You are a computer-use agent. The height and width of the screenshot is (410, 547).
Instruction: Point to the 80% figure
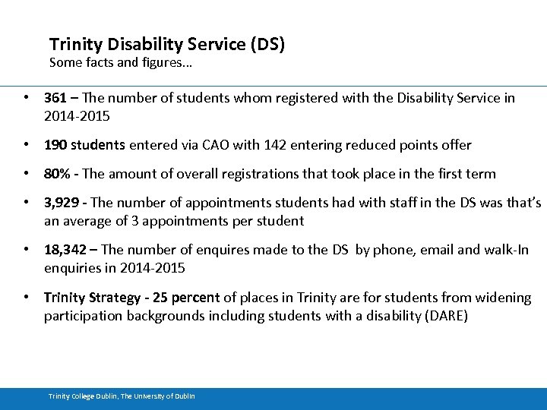(58, 174)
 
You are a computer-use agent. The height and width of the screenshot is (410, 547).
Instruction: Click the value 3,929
(62, 203)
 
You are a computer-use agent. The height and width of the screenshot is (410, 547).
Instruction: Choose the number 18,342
(66, 251)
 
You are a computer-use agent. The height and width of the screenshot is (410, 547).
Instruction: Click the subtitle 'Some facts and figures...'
(120, 63)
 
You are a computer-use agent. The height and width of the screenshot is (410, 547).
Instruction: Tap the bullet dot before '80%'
(27, 174)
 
